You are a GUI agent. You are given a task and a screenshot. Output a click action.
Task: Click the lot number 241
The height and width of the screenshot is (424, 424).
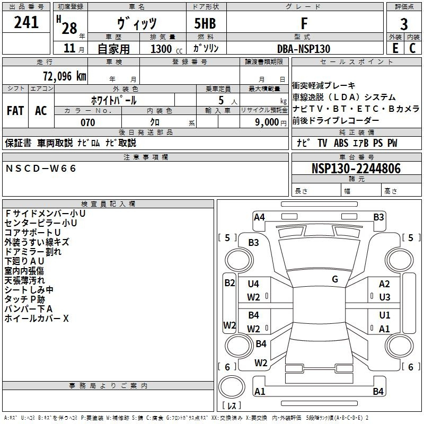coord(26,22)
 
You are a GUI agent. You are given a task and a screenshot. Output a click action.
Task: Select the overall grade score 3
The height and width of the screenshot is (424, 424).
coord(404,24)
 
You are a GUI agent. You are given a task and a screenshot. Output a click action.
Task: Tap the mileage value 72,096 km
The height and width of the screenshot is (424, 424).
coord(65,76)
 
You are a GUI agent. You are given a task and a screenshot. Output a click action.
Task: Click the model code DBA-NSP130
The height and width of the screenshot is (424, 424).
coord(304,49)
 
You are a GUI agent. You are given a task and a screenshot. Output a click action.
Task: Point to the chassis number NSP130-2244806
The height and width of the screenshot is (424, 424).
coord(356,169)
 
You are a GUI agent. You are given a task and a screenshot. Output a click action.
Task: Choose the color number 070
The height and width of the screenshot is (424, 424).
coord(88,122)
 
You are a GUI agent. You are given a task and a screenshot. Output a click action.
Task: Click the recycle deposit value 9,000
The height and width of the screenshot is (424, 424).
coord(267,122)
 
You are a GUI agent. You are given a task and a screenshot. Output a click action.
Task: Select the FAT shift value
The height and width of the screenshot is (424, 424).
coord(15,111)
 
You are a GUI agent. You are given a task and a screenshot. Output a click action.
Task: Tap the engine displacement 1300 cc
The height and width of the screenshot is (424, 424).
coord(166,49)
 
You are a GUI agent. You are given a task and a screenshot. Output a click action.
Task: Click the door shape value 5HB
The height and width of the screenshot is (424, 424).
coord(205,23)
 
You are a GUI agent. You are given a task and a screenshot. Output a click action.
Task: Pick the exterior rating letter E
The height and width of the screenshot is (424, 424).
coord(395,48)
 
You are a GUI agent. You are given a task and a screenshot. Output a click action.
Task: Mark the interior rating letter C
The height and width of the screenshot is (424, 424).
coord(412,48)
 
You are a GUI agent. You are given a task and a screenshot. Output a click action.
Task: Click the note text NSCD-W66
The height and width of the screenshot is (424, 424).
coord(41,169)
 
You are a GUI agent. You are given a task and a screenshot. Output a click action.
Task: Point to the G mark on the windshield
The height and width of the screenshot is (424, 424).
coord(335,279)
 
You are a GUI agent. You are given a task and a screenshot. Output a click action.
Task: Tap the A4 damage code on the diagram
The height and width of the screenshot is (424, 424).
coord(259,217)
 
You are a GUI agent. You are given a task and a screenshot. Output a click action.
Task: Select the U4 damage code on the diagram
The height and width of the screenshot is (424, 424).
coord(253,284)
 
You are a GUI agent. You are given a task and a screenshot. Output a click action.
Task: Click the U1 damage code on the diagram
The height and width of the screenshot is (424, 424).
coord(385,315)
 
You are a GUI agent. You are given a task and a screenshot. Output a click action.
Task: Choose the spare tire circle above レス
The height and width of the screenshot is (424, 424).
coord(232,387)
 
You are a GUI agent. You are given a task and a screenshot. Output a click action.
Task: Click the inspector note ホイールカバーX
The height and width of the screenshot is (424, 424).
coord(37,319)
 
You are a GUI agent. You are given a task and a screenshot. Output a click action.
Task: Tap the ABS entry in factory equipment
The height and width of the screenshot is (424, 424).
coord(341,143)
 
